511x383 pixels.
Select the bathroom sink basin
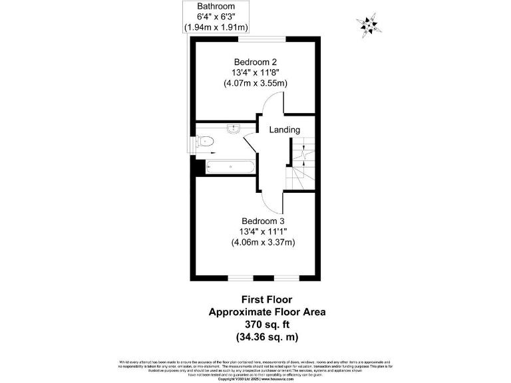pos(234,129)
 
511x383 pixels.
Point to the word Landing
pos(284,130)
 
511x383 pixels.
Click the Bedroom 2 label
pos(255,61)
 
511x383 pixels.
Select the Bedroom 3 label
pos(263,221)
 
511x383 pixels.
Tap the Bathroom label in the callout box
pos(216,5)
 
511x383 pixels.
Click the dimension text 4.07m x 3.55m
pos(255,83)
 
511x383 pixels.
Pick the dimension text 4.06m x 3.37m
pos(263,243)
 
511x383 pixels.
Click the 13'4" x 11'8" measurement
pos(255,72)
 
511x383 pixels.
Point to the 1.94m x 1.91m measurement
pos(216,27)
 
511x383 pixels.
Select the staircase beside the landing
pos(301,164)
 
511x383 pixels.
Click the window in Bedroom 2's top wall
pos(254,37)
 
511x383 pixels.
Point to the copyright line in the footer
pos(255,379)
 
